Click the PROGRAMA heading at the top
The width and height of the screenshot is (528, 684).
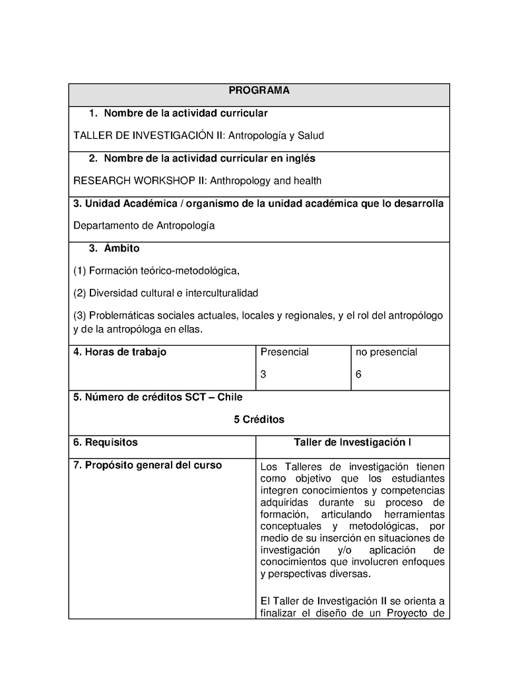pos(259,91)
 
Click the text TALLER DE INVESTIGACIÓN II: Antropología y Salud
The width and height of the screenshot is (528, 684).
pos(199,135)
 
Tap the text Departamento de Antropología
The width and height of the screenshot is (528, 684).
pos(144,225)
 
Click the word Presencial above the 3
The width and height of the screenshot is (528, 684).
pos(284,352)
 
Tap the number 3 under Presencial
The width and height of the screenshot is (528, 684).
pos(263,374)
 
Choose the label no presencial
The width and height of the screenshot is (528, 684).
pos(386,352)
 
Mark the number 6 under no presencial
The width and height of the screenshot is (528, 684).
pos(358,374)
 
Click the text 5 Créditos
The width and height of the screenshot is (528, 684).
pos(259,419)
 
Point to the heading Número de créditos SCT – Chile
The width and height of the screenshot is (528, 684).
pos(158,397)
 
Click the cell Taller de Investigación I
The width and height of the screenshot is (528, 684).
pos(352,442)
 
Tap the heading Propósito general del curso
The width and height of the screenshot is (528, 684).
pos(147,465)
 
